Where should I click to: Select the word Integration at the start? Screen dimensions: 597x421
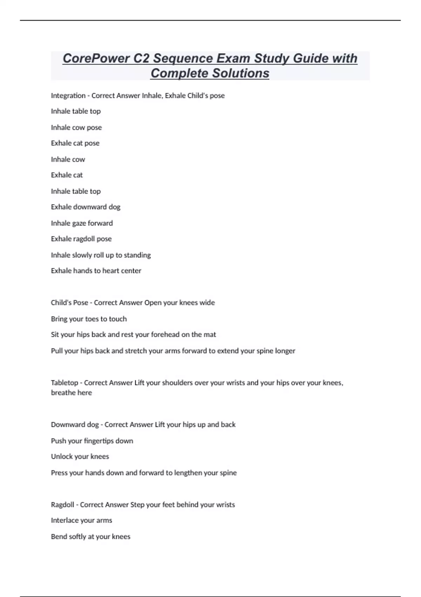click(x=68, y=96)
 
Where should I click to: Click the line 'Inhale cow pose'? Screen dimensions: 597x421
click(x=76, y=127)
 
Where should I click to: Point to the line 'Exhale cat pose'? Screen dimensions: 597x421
click(x=75, y=143)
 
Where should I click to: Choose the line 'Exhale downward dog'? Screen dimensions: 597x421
click(x=86, y=207)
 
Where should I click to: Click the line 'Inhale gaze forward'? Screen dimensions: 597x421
click(x=82, y=223)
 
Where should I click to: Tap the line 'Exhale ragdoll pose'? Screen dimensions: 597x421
click(x=81, y=239)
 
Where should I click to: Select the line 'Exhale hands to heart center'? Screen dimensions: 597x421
click(x=96, y=271)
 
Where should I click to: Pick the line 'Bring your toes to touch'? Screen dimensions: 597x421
click(x=89, y=319)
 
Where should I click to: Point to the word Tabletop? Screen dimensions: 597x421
click(x=64, y=383)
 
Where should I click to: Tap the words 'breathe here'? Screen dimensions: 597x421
click(x=71, y=393)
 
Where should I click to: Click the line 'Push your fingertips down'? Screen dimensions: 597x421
click(x=92, y=441)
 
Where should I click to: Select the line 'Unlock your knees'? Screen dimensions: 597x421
click(x=80, y=457)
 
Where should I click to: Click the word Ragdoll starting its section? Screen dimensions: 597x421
click(x=62, y=505)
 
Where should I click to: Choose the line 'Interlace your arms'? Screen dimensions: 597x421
click(x=81, y=520)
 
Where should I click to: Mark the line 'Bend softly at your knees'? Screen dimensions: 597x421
click(x=91, y=537)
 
